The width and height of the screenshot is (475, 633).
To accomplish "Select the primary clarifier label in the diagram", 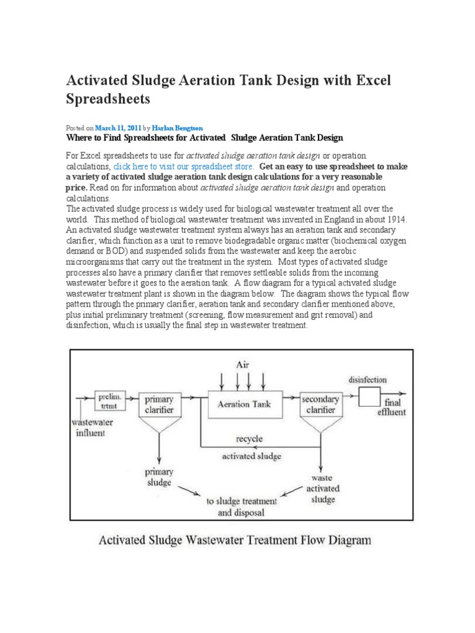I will [159, 404].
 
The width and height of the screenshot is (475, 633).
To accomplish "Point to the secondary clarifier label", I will [320, 404].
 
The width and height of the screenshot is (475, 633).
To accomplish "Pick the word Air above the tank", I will [242, 365].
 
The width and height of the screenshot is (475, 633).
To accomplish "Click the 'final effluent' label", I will [391, 407].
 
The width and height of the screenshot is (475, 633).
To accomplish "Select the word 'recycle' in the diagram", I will [249, 439].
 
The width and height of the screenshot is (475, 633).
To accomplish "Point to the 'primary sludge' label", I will [160, 477].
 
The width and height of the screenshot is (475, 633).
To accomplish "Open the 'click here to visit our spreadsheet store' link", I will [183, 166].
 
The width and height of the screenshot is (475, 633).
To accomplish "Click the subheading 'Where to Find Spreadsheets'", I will [204, 137].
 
